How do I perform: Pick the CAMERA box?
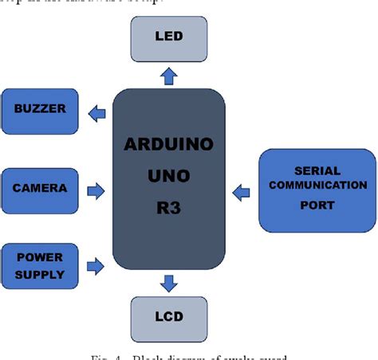click(x=41, y=189)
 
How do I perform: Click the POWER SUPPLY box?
click(x=41, y=267)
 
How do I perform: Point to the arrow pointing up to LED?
click(x=168, y=75)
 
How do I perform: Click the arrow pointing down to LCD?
click(x=168, y=283)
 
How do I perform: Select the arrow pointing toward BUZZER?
click(x=96, y=112)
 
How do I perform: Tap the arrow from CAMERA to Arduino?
click(x=96, y=190)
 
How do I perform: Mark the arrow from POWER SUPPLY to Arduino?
click(x=96, y=267)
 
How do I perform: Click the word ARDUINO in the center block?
click(x=168, y=146)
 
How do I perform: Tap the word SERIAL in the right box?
click(x=317, y=170)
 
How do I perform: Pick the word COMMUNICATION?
click(x=317, y=185)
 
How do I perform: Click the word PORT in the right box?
click(x=317, y=205)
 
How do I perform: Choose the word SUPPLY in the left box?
click(x=39, y=275)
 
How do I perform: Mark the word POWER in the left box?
click(x=39, y=258)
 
